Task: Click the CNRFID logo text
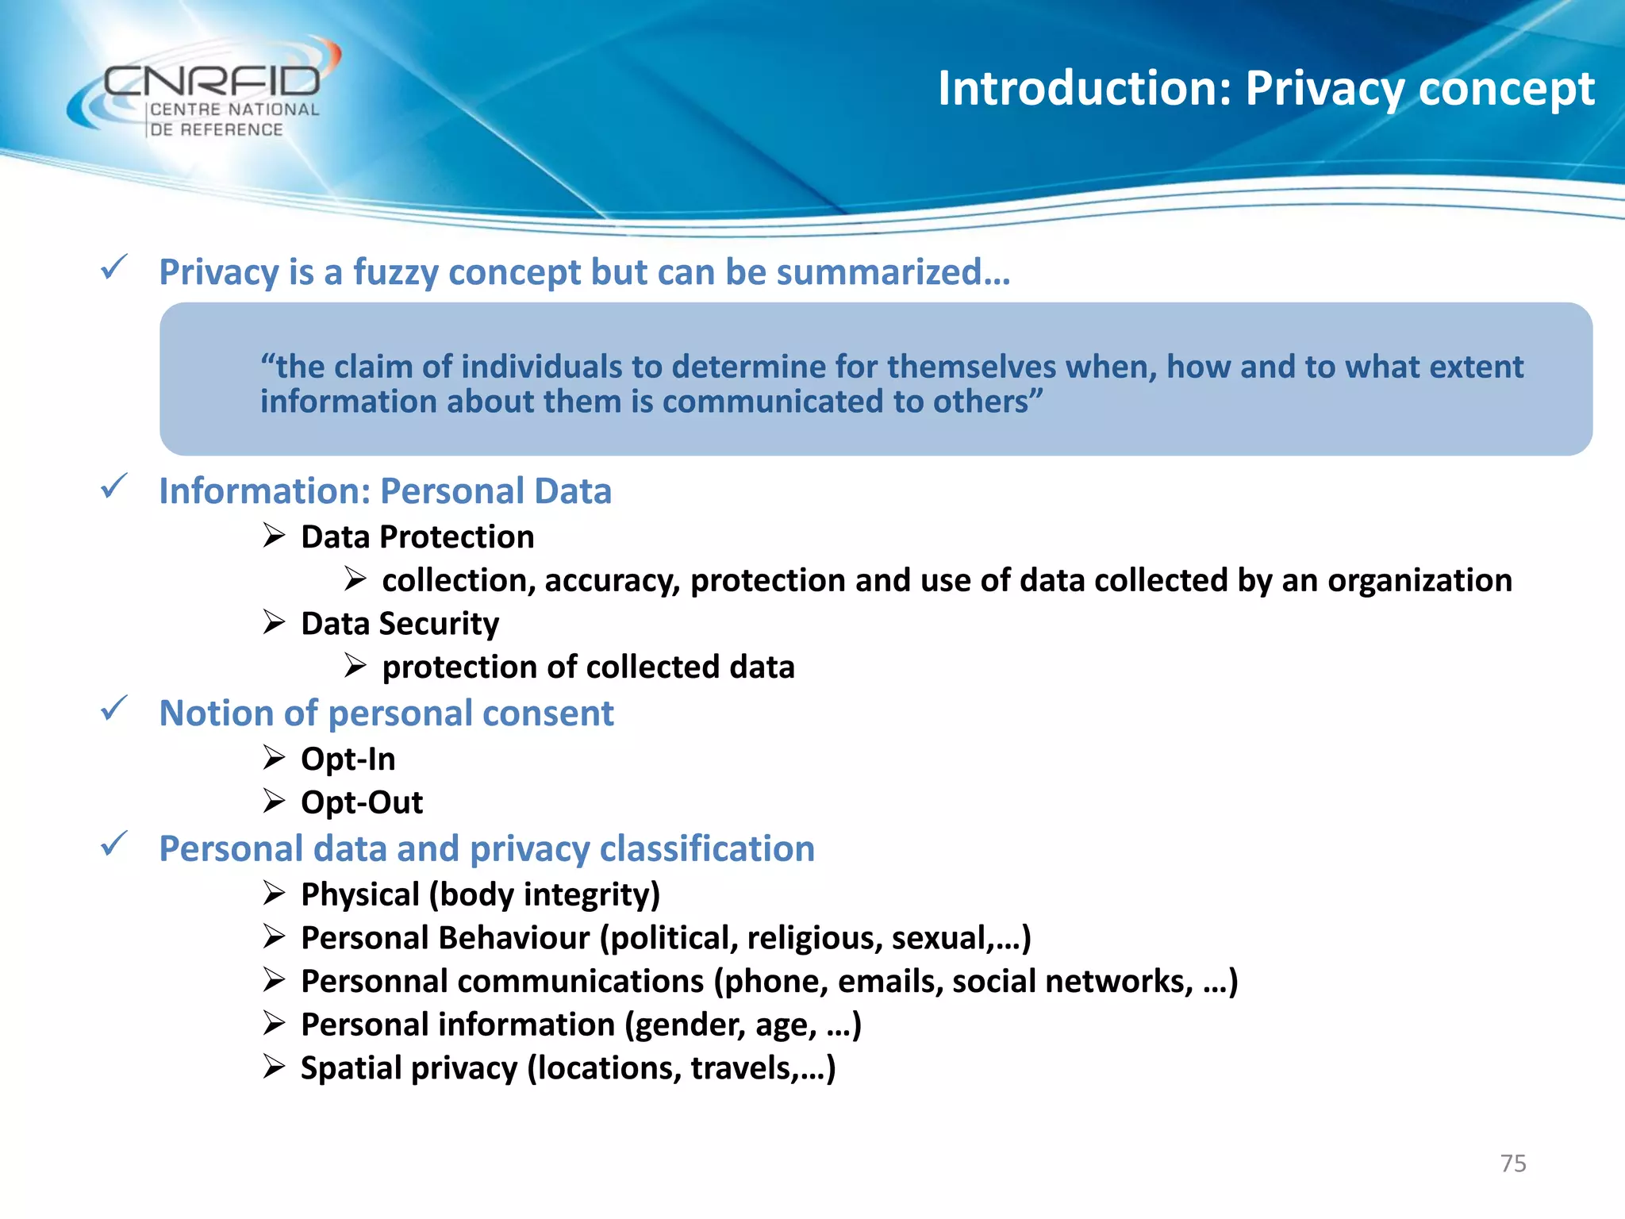[213, 81]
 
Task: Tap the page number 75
[1513, 1163]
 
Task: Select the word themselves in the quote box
[971, 367]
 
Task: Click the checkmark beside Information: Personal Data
[114, 486]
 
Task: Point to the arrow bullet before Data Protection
[275, 536]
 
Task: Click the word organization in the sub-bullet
[1419, 580]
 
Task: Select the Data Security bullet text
[400, 624]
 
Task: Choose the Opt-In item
[348, 759]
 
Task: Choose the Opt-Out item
[362, 802]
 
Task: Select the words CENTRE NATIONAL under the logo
[235, 110]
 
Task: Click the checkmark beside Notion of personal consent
[114, 708]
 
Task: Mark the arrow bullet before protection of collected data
[355, 667]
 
